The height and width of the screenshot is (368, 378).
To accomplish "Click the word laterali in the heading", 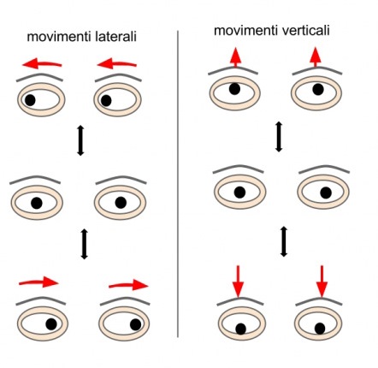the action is [x=115, y=37].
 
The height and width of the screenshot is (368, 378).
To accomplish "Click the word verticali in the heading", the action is [x=305, y=30].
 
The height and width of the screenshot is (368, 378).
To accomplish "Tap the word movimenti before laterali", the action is [x=59, y=37].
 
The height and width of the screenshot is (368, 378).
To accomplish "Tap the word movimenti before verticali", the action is [x=245, y=30].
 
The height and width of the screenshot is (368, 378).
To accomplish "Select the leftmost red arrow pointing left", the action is [x=42, y=62].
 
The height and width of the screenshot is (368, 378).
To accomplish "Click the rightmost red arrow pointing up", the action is [x=315, y=57].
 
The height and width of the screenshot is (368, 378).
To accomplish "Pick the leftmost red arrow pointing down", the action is [x=239, y=282].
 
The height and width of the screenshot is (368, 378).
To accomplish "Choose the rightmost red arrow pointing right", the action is [x=128, y=285].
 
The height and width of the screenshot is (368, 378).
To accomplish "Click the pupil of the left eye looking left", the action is [x=30, y=100].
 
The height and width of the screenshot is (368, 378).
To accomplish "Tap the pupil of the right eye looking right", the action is [x=135, y=324].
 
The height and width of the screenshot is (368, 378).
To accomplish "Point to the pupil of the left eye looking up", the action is [x=234, y=89].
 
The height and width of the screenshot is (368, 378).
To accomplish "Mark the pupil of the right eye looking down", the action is [x=320, y=329].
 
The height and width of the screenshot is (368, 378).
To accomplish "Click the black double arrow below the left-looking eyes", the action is [x=80, y=140].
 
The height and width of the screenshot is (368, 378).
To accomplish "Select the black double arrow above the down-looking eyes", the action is [x=283, y=241].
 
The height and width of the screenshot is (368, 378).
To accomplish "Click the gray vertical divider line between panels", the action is [x=178, y=184].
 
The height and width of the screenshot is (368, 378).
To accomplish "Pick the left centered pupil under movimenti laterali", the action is [x=37, y=203].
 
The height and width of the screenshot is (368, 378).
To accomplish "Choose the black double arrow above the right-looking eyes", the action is [x=84, y=244].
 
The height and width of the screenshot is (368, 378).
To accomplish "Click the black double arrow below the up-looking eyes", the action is [x=279, y=137].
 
